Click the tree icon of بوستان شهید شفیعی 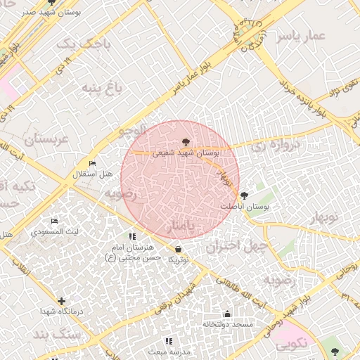click(185, 143)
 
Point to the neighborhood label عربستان click(49, 139)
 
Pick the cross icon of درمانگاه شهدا click(62, 301)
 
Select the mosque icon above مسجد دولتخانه click(226, 314)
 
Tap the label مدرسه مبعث click(168, 350)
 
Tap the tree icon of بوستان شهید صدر click(51, 3)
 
